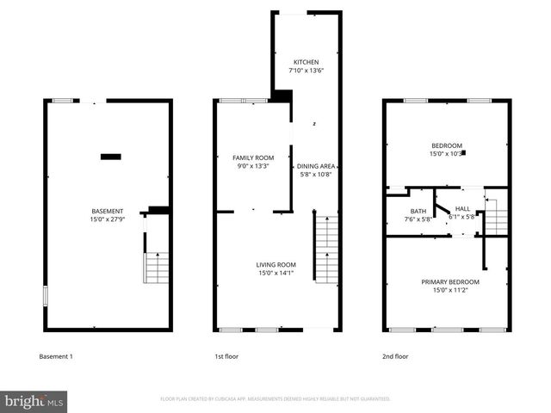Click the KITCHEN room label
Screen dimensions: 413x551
[306, 63]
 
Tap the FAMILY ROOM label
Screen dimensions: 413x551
[253, 157]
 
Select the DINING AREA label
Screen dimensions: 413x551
[315, 166]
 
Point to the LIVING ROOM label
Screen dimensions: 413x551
[275, 265]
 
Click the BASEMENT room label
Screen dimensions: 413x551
[108, 211]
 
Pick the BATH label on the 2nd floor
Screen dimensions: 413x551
[418, 211]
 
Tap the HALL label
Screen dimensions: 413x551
[462, 208]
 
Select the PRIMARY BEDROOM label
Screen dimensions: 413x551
[449, 282]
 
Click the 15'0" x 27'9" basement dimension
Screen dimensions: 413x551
[108, 219]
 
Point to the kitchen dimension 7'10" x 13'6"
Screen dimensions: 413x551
[306, 71]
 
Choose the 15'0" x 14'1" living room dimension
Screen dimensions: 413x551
[275, 274]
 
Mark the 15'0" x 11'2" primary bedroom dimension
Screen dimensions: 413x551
[449, 291]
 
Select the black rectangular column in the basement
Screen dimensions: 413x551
[110, 156]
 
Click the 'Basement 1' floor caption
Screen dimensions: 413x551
[57, 356]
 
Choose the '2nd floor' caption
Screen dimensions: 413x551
[395, 356]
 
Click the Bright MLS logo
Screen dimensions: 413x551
[34, 400]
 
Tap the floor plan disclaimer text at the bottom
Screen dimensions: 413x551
[275, 399]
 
